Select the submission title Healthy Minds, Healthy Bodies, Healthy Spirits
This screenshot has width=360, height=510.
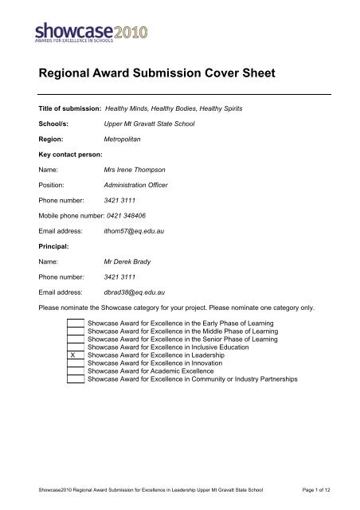186,106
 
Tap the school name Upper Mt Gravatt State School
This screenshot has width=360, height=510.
151,124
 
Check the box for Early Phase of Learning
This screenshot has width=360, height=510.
74,322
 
